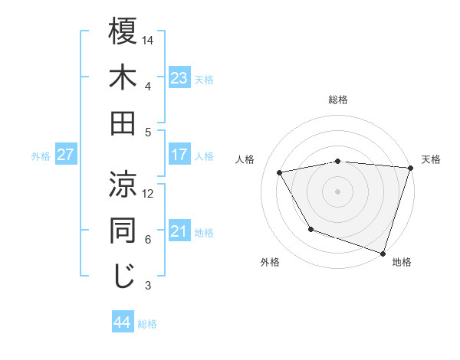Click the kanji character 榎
pos(123,31)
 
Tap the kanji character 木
pos(123,77)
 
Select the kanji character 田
pos(123,123)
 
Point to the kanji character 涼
pos(123,185)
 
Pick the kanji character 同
pos(123,231)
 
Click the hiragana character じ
pos(123,277)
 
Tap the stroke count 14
pos(148,40)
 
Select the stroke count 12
pos(148,193)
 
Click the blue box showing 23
pos(179,78)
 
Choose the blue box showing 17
pos(179,155)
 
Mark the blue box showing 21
pos(179,231)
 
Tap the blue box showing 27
pos(66,155)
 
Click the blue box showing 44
pos(122,322)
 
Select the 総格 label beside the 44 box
pos(147,324)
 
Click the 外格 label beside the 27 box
pos(41,156)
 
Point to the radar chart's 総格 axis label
pos(337,100)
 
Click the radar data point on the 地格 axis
pos(383,252)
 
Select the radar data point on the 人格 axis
pos(280,172)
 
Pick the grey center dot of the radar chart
pos(337,191)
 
